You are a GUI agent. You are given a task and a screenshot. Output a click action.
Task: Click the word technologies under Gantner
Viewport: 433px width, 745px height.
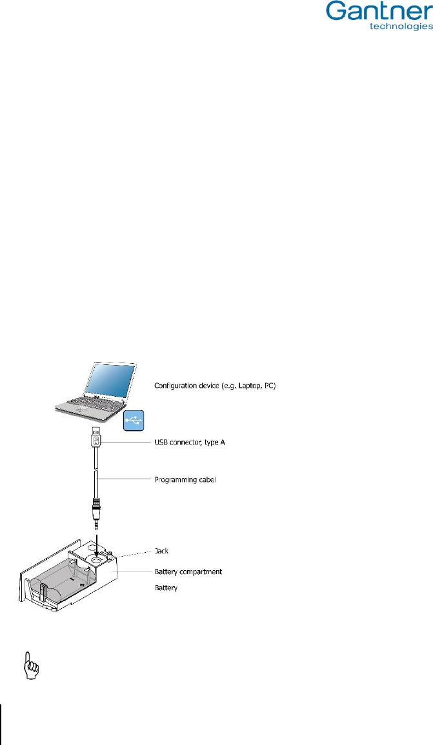(399, 28)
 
